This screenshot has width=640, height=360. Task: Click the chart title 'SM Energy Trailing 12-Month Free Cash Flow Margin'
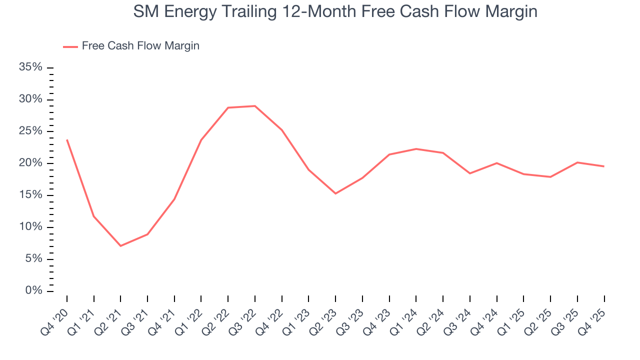pos(335,11)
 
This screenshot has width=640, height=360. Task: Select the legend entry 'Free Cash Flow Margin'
pos(140,46)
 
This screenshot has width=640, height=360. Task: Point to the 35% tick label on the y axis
pos(30,67)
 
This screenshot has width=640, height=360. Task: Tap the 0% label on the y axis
pos(33,291)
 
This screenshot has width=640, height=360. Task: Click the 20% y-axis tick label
pos(30,163)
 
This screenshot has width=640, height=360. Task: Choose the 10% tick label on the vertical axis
pos(30,227)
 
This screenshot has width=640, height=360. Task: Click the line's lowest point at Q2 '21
pos(120,245)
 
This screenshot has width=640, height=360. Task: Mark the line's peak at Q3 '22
pos(255,106)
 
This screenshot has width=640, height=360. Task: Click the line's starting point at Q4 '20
pos(67,140)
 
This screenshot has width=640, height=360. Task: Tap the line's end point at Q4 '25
pos(604,166)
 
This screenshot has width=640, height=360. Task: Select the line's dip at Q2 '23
pos(335,193)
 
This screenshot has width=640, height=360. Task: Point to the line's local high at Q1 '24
pos(416,149)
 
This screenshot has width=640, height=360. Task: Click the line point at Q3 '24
pos(470,173)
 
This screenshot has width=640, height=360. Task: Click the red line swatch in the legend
pos(70,46)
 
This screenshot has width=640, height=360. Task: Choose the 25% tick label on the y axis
pos(30,131)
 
